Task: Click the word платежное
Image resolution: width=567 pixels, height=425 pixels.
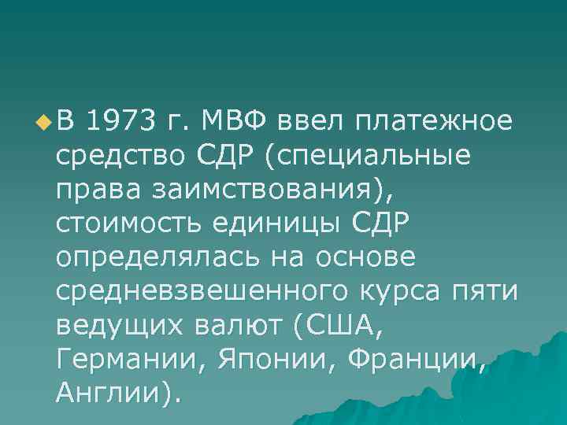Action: click(435, 122)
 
